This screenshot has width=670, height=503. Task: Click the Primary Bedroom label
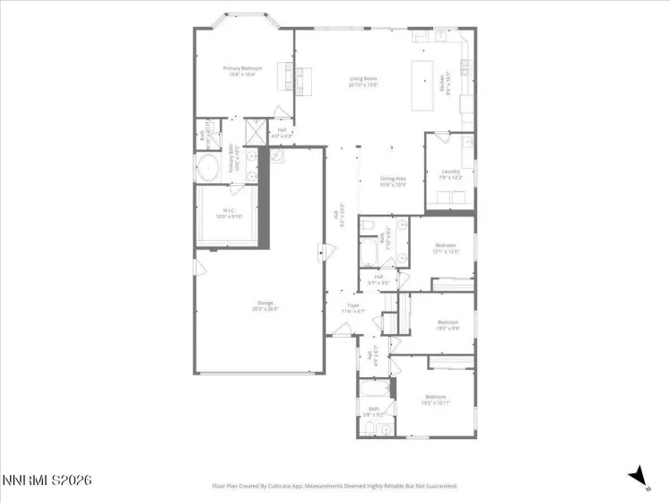tap(240, 71)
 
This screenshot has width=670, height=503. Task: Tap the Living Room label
tap(363, 82)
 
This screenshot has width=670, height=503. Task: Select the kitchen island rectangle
tap(422, 84)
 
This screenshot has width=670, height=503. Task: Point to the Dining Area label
tap(394, 181)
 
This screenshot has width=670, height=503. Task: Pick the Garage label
tap(265, 305)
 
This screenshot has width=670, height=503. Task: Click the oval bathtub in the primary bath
tap(209, 167)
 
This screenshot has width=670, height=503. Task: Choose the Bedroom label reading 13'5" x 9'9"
tap(448, 324)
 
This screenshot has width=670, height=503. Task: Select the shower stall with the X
tap(256, 131)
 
